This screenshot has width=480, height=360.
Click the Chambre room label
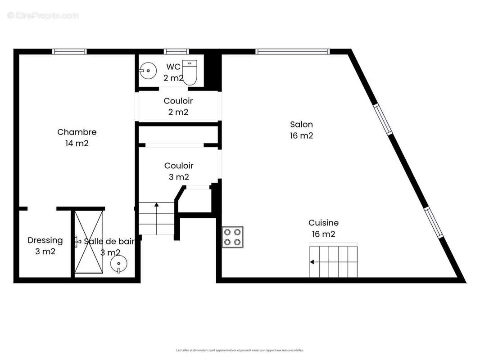point(77,137)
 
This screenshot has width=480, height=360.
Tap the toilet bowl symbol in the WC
point(190,72)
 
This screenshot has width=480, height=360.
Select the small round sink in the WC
point(147,71)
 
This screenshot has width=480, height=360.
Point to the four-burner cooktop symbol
point(232,237)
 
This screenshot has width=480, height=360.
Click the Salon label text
point(301,130)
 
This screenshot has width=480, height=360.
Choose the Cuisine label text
point(323,228)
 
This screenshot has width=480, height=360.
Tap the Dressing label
point(45,246)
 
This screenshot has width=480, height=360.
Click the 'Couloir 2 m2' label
point(178,106)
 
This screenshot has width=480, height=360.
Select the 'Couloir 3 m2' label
point(178,171)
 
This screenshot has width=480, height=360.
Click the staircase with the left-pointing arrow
point(333,261)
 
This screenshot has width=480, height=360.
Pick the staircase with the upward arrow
point(156,218)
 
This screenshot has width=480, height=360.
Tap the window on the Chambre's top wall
point(69,52)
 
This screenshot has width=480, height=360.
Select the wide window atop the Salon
point(293,52)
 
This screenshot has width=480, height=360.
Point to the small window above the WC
point(175,52)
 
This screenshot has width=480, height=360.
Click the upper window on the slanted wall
point(383,119)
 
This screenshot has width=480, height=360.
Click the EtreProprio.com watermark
point(43,16)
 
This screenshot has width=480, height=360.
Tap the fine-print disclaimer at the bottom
point(240,350)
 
